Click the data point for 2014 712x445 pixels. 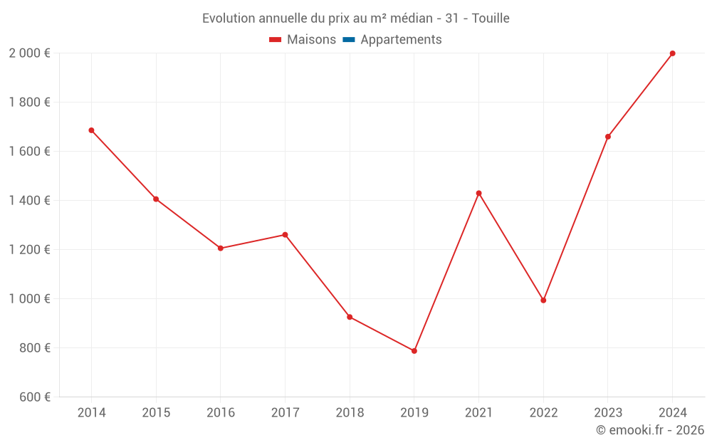point(91,130)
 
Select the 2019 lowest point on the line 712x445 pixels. point(414,351)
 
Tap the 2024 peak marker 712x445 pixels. point(672,53)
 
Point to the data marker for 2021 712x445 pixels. point(478,193)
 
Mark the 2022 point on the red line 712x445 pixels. point(543,300)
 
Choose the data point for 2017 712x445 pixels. point(285,235)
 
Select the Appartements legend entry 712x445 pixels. point(401,40)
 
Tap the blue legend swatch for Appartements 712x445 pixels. point(349,40)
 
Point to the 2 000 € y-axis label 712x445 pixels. point(29,53)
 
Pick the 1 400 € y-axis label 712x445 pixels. point(29,201)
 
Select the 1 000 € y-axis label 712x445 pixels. point(29,299)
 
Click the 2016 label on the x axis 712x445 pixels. point(221,413)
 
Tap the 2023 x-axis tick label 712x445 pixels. point(608,413)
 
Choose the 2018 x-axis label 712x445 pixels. point(350,413)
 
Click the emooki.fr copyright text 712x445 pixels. point(650,430)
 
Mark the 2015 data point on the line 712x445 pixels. point(156,199)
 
